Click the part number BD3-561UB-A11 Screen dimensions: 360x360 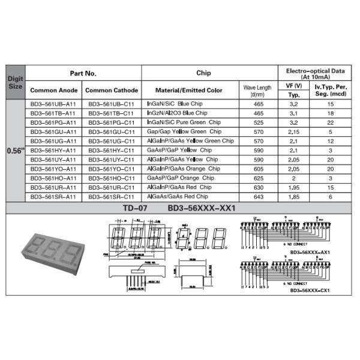click(53, 104)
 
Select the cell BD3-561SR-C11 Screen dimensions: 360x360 click(111, 196)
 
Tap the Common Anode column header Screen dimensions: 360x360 click(53, 90)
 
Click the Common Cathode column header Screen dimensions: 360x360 click(111, 90)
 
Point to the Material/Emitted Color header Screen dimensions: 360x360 click(188, 90)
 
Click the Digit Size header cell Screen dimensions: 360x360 click(14, 82)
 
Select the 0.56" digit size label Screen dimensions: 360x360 click(14, 150)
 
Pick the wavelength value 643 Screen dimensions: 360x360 click(258, 196)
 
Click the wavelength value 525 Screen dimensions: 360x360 click(258, 122)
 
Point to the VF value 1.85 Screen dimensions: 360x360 click(293, 196)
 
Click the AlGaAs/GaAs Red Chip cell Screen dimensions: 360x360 click(178, 196)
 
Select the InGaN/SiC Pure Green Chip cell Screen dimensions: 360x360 click(182, 122)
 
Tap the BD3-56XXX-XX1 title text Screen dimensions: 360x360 click(201, 208)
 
